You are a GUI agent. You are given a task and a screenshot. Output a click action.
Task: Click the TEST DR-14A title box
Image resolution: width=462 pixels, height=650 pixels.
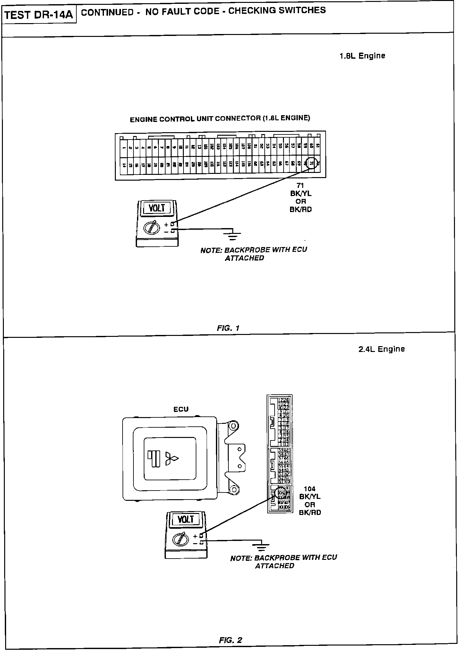point(39,15)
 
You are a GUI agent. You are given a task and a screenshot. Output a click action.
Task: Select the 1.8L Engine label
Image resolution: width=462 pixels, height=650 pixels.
point(362,56)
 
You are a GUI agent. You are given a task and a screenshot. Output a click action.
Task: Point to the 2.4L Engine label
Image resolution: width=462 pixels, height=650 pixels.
point(381,349)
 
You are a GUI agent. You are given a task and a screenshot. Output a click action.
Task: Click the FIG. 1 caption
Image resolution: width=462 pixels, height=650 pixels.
point(228,328)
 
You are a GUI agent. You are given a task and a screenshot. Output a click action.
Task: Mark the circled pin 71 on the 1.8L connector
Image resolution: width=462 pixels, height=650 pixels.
point(311,163)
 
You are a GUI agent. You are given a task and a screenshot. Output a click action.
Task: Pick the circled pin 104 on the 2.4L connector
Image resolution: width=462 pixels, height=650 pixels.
point(282,492)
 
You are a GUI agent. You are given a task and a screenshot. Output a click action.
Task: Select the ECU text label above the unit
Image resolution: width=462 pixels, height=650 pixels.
point(181,409)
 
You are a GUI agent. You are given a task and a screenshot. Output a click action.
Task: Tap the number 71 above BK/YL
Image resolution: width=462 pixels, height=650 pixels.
point(300,185)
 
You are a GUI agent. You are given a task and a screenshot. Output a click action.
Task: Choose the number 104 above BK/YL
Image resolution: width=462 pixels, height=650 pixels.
point(310,489)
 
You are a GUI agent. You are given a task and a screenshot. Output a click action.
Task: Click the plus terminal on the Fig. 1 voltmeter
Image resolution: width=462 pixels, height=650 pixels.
point(172,224)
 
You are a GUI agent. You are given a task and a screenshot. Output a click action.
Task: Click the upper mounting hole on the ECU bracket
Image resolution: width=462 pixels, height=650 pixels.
point(233,426)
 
